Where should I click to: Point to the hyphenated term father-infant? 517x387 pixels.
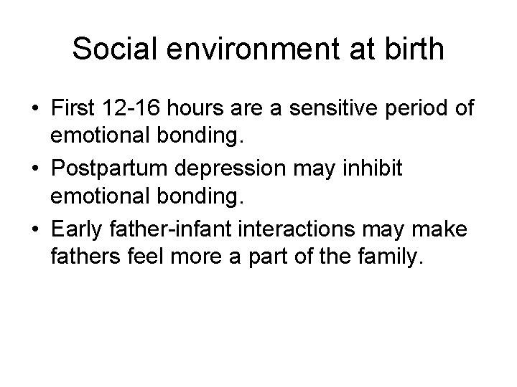(x=173, y=232)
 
